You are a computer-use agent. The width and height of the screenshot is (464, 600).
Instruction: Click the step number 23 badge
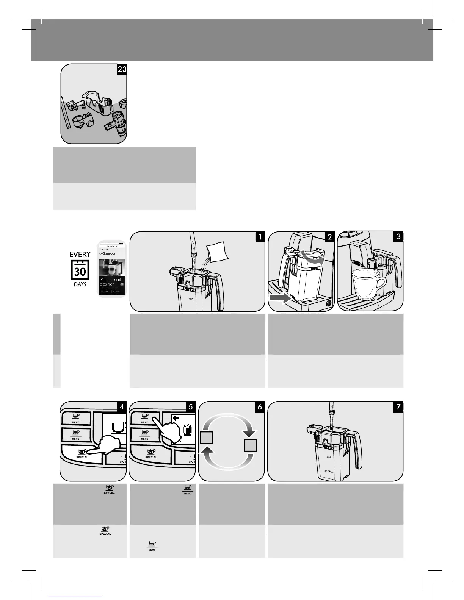coord(122,69)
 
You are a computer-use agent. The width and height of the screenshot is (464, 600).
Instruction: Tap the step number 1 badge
coord(260,237)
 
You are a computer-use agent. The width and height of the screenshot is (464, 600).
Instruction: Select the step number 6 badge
coord(260,407)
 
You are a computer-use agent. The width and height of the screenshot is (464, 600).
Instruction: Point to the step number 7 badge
coord(398,407)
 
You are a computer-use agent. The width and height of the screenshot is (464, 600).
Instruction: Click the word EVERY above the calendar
coord(80,255)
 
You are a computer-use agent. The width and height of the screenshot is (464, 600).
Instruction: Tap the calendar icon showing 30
coord(80,270)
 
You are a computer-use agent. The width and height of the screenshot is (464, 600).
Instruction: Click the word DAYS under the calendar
coord(80,284)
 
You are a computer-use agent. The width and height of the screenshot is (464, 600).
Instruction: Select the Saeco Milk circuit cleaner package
coord(112,268)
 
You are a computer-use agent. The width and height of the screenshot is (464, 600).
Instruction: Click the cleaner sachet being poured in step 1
coord(217,252)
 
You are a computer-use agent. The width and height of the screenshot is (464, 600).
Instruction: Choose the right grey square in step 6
coord(250,445)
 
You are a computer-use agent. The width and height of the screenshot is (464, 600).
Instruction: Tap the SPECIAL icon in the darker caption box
coord(109,489)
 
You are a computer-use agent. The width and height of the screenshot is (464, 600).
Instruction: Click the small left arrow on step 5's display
coord(176,419)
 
